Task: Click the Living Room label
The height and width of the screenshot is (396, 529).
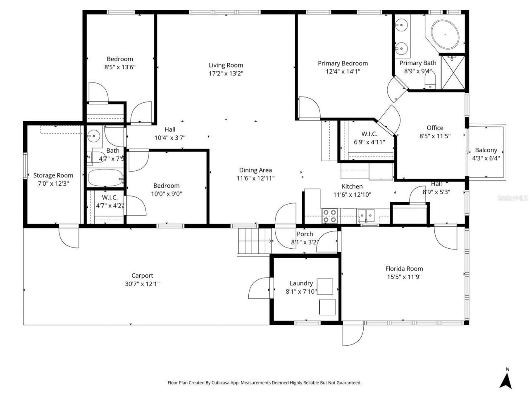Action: pos(226,65)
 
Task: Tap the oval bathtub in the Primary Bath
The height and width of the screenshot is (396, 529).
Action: pos(445,33)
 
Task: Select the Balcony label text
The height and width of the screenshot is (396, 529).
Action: pos(486,150)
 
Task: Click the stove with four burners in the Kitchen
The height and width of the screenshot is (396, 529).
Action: pos(329,216)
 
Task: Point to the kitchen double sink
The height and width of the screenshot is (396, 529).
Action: pos(366,215)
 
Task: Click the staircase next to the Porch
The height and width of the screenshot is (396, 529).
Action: pos(253,242)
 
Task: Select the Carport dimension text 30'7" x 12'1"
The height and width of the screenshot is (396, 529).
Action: pos(142,284)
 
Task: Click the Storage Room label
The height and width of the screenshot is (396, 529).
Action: pos(53,175)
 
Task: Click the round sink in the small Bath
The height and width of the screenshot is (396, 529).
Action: pos(95,135)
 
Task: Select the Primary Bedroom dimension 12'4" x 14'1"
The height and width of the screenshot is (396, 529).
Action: pos(343,71)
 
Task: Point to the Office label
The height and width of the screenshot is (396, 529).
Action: pos(435,128)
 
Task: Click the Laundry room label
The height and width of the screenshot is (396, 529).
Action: pos(301,283)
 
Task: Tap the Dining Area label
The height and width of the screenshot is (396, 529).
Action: pos(255,170)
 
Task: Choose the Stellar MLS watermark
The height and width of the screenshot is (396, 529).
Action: pos(512,198)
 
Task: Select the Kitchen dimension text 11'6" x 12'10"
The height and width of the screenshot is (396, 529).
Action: pos(352,195)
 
